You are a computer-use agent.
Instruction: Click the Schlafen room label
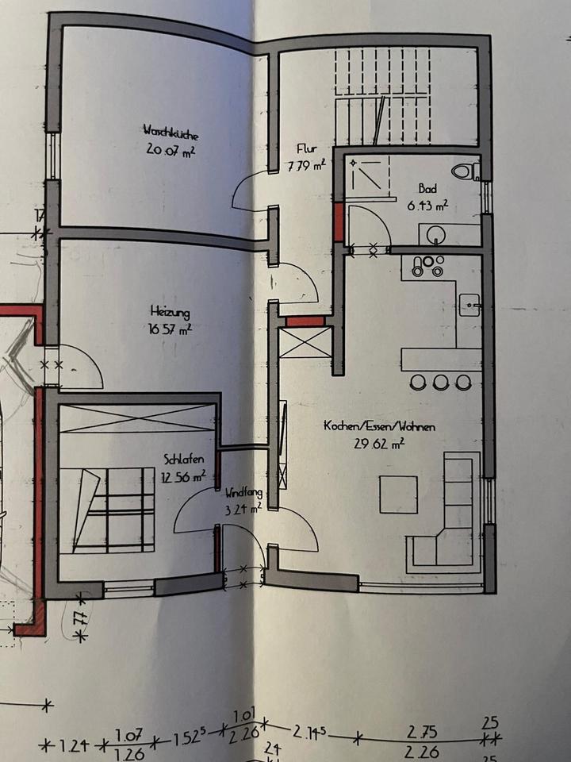point(184,460)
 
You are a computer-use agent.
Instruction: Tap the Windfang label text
point(243,493)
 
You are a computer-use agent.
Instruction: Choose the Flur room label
point(307,148)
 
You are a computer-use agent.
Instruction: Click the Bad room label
point(427,189)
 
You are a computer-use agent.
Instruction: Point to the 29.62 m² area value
point(380,444)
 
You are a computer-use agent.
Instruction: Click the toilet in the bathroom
point(464,170)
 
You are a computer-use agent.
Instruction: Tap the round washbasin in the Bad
point(435,235)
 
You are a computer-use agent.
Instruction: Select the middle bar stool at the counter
point(440,383)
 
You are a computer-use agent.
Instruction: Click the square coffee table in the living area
point(398,494)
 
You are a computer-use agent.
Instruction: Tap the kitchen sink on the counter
point(469,304)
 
